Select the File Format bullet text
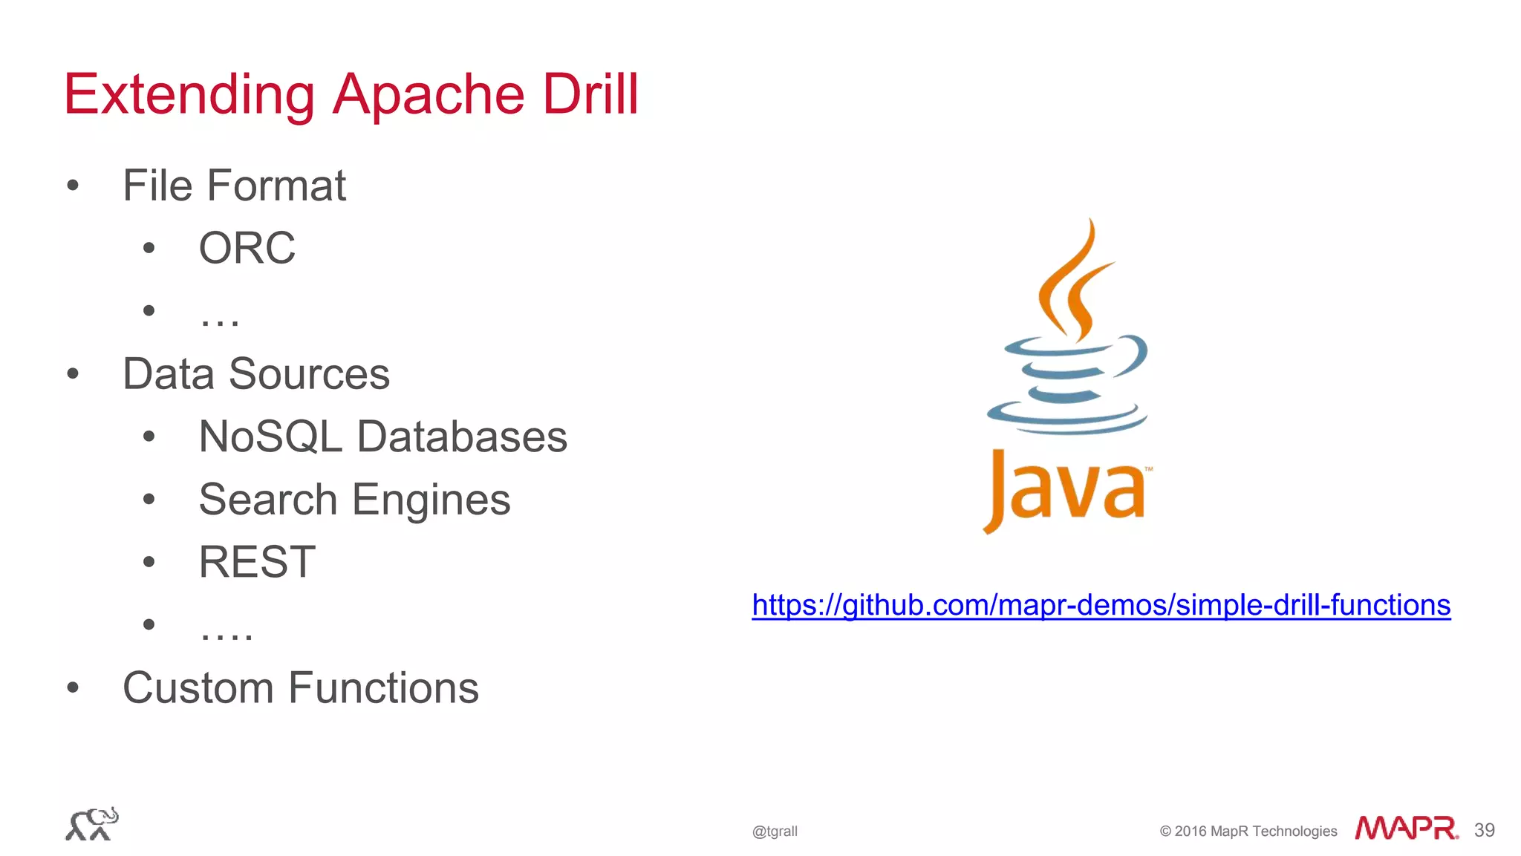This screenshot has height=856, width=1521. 234,186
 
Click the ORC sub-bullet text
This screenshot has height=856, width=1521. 247,248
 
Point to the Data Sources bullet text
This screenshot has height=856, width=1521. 256,373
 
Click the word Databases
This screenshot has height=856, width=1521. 462,437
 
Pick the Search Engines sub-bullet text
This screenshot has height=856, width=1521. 354,500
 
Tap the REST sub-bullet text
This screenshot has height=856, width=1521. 257,562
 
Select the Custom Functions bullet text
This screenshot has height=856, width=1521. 301,687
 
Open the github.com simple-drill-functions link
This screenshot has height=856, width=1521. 1101,605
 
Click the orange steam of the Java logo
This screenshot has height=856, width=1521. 1073,282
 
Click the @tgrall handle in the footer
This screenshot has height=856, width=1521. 775,832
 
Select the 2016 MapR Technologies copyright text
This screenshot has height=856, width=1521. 1248,832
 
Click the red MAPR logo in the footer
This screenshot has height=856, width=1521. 1406,828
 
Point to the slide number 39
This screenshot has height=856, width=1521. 1484,830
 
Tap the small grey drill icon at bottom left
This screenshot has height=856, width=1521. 91,824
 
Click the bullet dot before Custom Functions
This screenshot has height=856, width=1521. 73,687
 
